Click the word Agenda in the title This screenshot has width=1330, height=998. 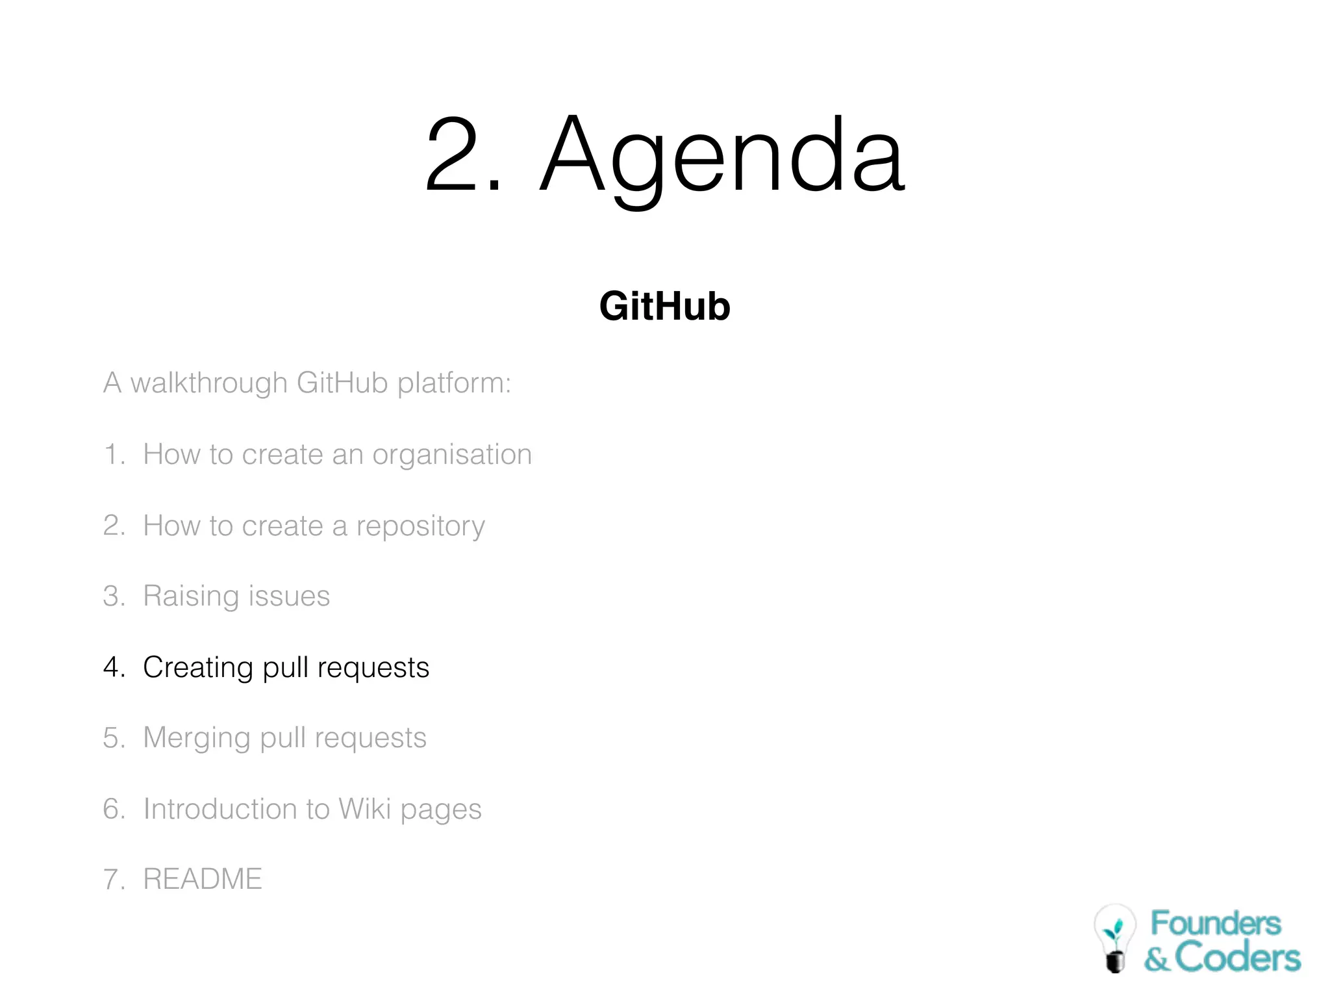click(722, 156)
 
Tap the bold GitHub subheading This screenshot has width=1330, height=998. click(664, 306)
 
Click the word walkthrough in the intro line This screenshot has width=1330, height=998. click(208, 383)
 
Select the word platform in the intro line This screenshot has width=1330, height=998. click(454, 383)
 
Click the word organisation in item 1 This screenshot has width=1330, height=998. click(452, 455)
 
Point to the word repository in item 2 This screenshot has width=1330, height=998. click(420, 526)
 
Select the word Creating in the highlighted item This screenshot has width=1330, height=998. click(198, 668)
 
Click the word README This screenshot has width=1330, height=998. click(203, 880)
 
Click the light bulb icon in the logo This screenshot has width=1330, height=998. click(1115, 938)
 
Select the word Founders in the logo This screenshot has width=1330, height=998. click(1216, 923)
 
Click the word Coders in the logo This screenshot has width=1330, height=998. click(1238, 958)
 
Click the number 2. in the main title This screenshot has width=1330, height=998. click(463, 156)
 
